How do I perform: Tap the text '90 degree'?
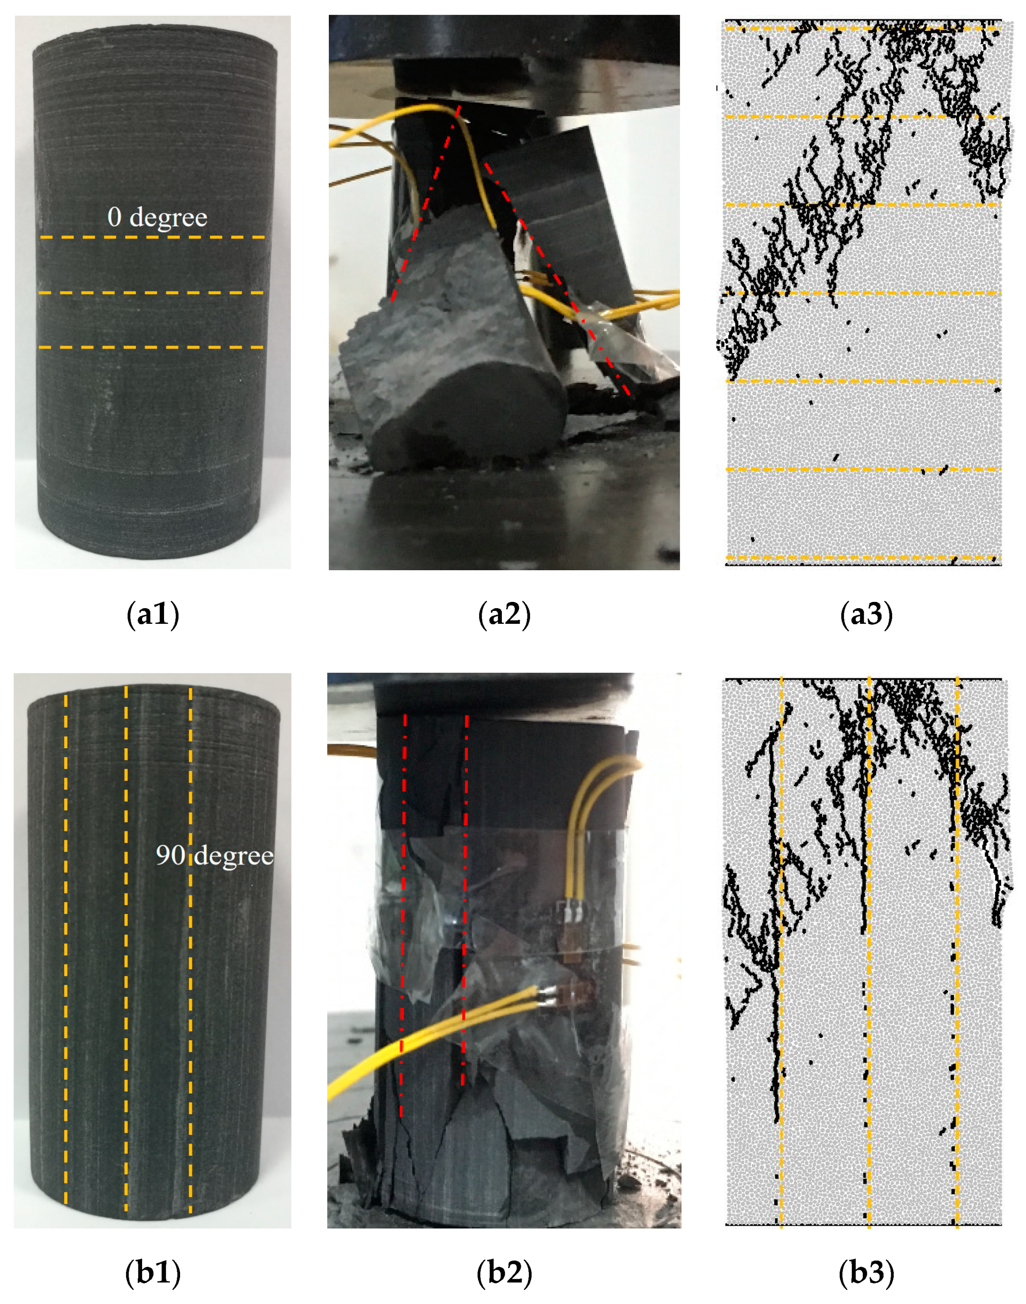click(x=214, y=855)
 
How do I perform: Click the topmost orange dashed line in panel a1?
click(x=152, y=237)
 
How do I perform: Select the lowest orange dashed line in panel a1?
click(x=152, y=347)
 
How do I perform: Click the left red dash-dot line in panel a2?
click(x=425, y=204)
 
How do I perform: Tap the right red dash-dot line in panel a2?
click(x=556, y=276)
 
